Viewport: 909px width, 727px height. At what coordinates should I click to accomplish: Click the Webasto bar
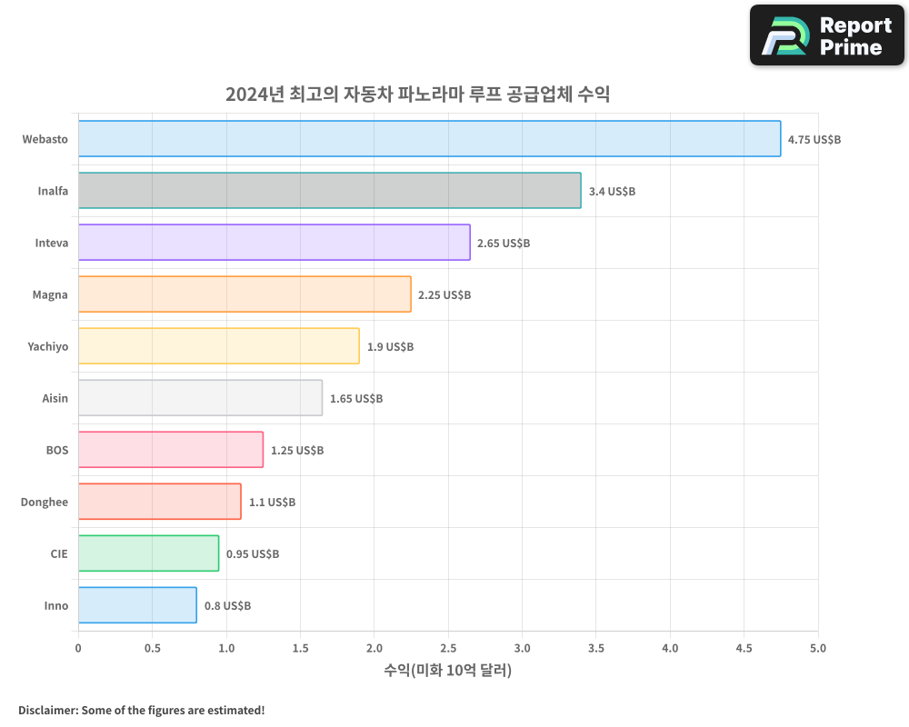(x=429, y=139)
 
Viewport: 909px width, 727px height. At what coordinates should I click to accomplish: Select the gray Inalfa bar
(x=329, y=191)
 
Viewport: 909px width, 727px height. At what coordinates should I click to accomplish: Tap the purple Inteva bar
(x=274, y=243)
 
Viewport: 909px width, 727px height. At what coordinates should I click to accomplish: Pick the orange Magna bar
(x=245, y=294)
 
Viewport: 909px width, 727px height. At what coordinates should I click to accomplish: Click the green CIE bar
(x=148, y=553)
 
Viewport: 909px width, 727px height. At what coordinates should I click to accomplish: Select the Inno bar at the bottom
(x=137, y=605)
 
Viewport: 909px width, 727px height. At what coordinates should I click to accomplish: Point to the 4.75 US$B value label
(x=814, y=140)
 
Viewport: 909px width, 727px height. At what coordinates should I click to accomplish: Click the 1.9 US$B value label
(x=390, y=347)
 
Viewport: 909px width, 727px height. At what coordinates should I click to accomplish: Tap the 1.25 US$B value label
(x=297, y=451)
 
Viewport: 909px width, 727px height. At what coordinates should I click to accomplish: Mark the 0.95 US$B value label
(x=253, y=554)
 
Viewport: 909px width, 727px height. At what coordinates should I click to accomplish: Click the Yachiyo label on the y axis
(x=47, y=346)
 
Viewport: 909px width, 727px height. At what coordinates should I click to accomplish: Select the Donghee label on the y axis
(x=45, y=502)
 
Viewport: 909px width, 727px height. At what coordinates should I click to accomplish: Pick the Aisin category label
(x=55, y=398)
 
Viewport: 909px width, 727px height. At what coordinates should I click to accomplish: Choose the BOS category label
(x=57, y=450)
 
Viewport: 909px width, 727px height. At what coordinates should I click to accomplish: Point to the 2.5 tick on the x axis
(x=448, y=648)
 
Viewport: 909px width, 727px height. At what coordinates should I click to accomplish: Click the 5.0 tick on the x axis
(x=817, y=648)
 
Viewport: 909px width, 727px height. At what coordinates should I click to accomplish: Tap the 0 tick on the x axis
(x=78, y=648)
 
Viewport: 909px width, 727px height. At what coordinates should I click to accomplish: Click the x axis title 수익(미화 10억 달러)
(x=448, y=671)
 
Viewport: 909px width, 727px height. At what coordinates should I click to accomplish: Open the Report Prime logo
(x=827, y=35)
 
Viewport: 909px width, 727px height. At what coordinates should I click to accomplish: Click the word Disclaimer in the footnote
(x=46, y=710)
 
